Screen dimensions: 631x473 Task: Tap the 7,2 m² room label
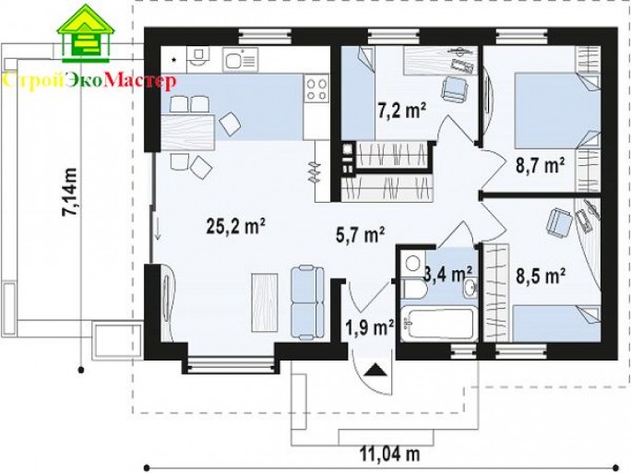401,110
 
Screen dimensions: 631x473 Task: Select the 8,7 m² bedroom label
541,165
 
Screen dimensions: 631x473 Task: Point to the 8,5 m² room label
541,277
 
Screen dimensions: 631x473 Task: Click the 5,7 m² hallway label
361,234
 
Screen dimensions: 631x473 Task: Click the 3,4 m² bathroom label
448,275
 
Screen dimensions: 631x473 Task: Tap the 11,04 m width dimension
389,455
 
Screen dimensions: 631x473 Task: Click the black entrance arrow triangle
375,369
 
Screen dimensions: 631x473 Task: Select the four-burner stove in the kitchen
316,89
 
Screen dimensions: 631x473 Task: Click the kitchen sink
241,60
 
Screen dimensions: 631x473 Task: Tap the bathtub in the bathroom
439,324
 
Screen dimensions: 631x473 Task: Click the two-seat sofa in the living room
307,303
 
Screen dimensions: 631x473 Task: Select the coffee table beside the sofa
265,302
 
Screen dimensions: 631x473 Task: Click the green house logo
85,33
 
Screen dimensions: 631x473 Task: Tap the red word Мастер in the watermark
140,81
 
